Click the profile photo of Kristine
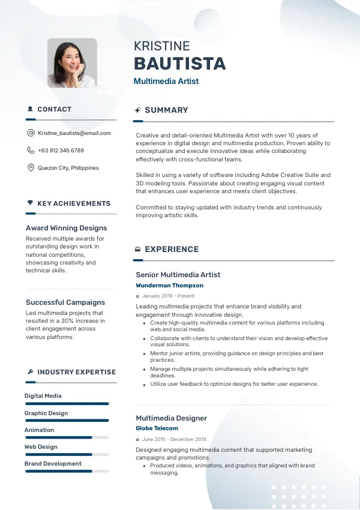click(x=72, y=63)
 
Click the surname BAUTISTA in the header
click(x=179, y=64)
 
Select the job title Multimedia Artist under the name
click(x=166, y=81)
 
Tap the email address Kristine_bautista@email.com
click(x=74, y=133)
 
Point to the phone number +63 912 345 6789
click(x=61, y=151)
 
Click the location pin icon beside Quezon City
click(x=31, y=168)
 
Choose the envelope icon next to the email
click(x=31, y=133)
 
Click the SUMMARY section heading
click(x=166, y=110)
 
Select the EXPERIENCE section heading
click(x=172, y=250)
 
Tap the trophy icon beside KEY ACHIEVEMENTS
click(x=30, y=203)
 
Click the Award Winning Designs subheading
click(x=66, y=228)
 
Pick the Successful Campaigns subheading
click(x=65, y=302)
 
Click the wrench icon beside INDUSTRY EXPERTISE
click(x=30, y=372)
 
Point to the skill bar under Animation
click(x=67, y=437)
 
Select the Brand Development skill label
click(x=53, y=464)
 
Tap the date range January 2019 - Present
click(x=168, y=296)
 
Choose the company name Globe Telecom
click(x=157, y=428)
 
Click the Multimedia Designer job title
click(x=171, y=418)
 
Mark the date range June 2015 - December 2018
click(x=174, y=439)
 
